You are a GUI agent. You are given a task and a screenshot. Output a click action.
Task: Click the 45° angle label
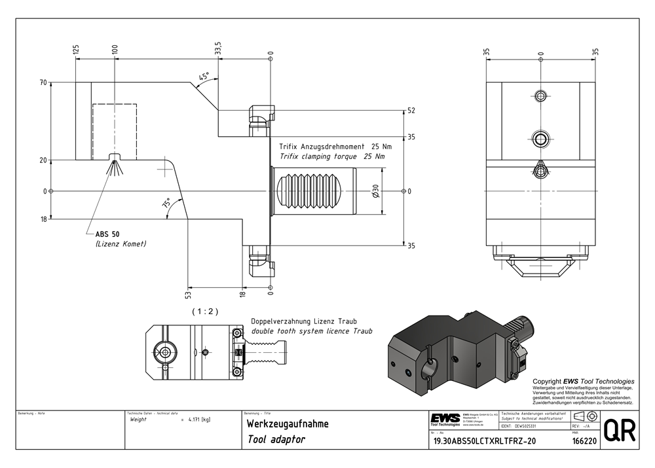(204, 76)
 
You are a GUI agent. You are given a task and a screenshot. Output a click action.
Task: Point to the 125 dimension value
(76, 49)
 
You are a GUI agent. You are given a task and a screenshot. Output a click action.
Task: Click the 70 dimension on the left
(43, 83)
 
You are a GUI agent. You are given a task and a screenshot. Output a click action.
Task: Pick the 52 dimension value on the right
(411, 111)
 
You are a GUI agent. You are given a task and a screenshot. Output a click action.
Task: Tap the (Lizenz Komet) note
(121, 244)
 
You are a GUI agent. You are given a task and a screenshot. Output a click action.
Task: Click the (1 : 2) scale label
(205, 312)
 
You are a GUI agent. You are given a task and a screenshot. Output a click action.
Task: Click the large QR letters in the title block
(617, 431)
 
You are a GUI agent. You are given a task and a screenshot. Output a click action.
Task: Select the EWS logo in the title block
(445, 418)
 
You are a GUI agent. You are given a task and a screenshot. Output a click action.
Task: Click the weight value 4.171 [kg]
(198, 419)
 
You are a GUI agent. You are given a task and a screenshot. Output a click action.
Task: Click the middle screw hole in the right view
(540, 138)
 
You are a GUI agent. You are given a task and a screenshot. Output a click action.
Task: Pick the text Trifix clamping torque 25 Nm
(331, 157)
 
